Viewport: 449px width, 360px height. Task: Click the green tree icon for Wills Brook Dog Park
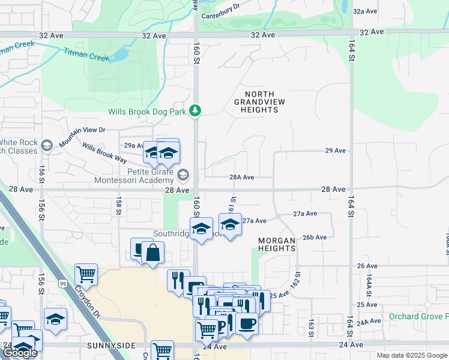click(195, 111)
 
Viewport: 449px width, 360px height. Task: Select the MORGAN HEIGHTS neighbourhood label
click(277, 244)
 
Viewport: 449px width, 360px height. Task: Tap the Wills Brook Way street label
click(104, 153)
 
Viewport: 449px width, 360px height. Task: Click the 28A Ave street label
click(242, 178)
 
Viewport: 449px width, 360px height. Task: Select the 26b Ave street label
click(314, 237)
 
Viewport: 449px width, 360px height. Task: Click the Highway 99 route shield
click(62, 283)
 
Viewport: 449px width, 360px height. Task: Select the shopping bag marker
click(153, 253)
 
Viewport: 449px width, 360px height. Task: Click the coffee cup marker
click(247, 324)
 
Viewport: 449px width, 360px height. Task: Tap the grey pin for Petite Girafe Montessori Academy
click(183, 175)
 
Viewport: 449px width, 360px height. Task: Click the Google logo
click(20, 353)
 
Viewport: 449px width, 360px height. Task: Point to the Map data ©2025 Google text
click(411, 355)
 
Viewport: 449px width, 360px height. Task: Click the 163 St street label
click(311, 328)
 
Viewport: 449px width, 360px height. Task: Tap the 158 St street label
click(119, 206)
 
